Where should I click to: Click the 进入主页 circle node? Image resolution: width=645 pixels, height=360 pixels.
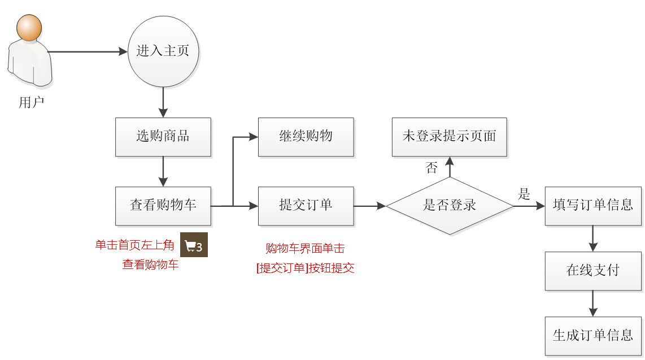coord(163,51)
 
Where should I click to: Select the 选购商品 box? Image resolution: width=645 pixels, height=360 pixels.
coord(163,137)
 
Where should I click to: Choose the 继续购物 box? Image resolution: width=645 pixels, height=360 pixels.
coord(306,137)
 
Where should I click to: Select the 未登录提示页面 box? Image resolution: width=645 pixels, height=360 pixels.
coord(450,137)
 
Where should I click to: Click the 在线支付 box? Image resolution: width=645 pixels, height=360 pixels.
coord(593,271)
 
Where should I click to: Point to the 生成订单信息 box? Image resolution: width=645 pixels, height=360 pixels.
coord(593,336)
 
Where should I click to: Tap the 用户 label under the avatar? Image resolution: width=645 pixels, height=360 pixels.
coord(31,103)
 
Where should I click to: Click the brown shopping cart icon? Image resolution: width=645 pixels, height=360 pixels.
coord(194,245)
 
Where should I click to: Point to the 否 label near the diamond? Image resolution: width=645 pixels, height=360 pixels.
coord(432,168)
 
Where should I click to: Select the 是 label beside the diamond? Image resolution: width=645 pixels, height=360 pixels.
coord(524,195)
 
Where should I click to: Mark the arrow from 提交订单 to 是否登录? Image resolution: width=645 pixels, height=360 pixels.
coord(369,206)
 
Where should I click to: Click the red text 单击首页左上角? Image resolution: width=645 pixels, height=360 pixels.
coord(134,245)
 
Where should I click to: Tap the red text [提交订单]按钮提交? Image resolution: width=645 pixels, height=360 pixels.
coord(306,268)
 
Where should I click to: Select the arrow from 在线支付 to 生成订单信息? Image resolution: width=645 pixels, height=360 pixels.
coord(593,303)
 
